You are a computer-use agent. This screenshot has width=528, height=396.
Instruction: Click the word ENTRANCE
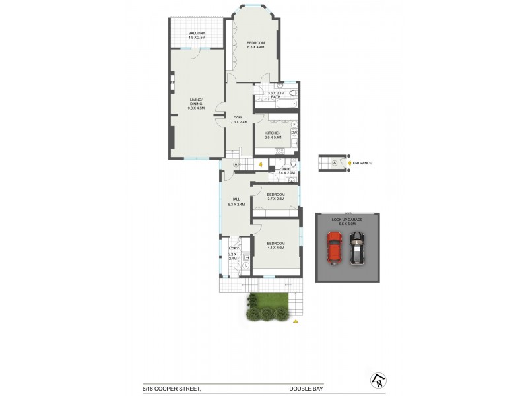(x=362, y=163)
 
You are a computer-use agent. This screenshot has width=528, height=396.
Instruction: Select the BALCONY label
(x=197, y=34)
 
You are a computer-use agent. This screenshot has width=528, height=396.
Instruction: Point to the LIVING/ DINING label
(x=196, y=102)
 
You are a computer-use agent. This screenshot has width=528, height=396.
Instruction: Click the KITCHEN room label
(x=273, y=133)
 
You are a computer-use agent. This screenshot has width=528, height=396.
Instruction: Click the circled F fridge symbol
(x=294, y=125)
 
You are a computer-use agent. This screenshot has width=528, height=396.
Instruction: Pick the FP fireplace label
(x=172, y=82)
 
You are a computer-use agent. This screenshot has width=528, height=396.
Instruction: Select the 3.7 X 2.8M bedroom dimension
(x=276, y=199)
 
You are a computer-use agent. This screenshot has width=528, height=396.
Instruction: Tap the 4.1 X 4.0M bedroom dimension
(x=275, y=247)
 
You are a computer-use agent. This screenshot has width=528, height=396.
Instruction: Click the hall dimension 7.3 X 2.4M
(x=239, y=122)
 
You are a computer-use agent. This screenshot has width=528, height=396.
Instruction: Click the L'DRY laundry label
(x=233, y=248)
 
